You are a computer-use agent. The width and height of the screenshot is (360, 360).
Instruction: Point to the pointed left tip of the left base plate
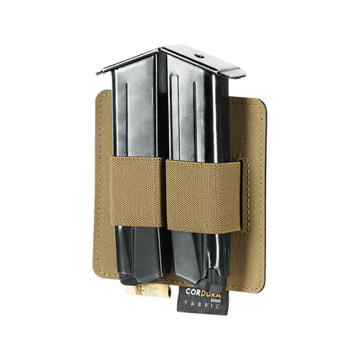97,74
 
